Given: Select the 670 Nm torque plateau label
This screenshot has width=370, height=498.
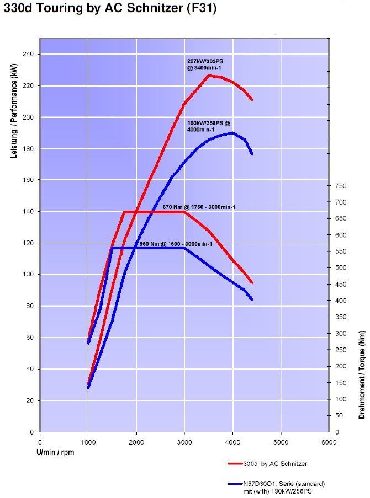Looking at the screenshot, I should [x=199, y=207].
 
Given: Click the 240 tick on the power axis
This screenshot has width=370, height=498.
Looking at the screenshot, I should [x=28, y=55].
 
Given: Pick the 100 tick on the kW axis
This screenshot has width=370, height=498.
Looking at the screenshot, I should [x=28, y=275].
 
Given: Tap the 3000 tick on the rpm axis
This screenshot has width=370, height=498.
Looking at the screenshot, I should [x=184, y=442].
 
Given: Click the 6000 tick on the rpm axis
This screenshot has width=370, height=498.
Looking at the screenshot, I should [x=329, y=442].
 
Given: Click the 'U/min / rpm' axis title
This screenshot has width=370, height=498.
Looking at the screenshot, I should [x=55, y=452].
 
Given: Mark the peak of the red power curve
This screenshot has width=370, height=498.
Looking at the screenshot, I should [x=209, y=75].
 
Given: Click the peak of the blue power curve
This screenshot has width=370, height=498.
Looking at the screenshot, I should [x=232, y=132].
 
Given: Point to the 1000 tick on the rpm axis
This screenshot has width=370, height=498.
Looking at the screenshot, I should [x=88, y=442].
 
